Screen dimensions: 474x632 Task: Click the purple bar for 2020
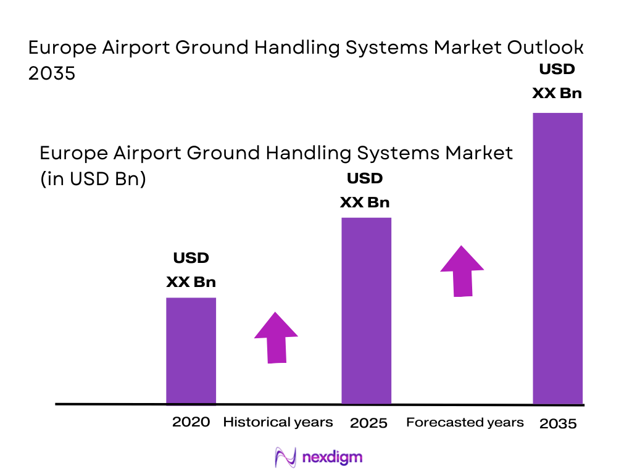191,351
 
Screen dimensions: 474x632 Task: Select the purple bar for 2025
366,310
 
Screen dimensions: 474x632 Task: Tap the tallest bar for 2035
557,258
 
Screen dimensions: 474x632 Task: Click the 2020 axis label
191,422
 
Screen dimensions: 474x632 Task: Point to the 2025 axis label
368,423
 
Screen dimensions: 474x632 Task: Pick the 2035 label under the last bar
558,423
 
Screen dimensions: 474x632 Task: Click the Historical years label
278,422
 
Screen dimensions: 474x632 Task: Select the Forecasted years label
465,422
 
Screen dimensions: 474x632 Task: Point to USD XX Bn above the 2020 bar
191,270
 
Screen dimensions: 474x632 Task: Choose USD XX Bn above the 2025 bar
365,191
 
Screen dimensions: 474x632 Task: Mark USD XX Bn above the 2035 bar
557,81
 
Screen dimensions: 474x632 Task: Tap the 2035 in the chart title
52,73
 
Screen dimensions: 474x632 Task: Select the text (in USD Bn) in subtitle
93,180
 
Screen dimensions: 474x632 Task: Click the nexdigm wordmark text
333,457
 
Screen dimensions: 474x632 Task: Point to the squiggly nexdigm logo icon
285,457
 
